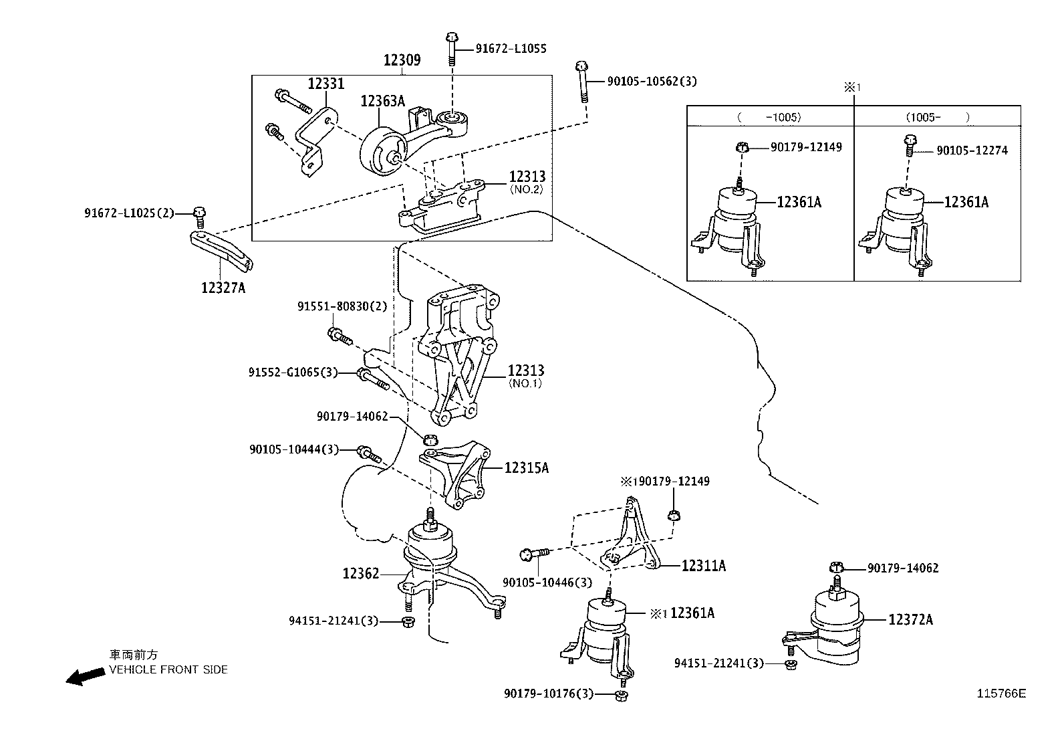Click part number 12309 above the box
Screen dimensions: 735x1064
coord(402,60)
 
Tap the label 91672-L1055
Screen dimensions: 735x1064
coord(511,48)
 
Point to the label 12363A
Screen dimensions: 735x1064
coord(382,101)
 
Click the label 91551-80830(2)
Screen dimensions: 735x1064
coord(342,306)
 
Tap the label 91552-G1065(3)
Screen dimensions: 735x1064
coord(293,372)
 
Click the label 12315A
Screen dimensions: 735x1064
coord(527,468)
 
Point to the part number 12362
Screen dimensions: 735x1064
coord(361,573)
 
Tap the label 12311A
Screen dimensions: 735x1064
coord(703,566)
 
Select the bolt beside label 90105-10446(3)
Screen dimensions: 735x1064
coord(533,554)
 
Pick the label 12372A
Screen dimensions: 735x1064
coord(910,620)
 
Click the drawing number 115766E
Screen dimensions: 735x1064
coord(1002,694)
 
